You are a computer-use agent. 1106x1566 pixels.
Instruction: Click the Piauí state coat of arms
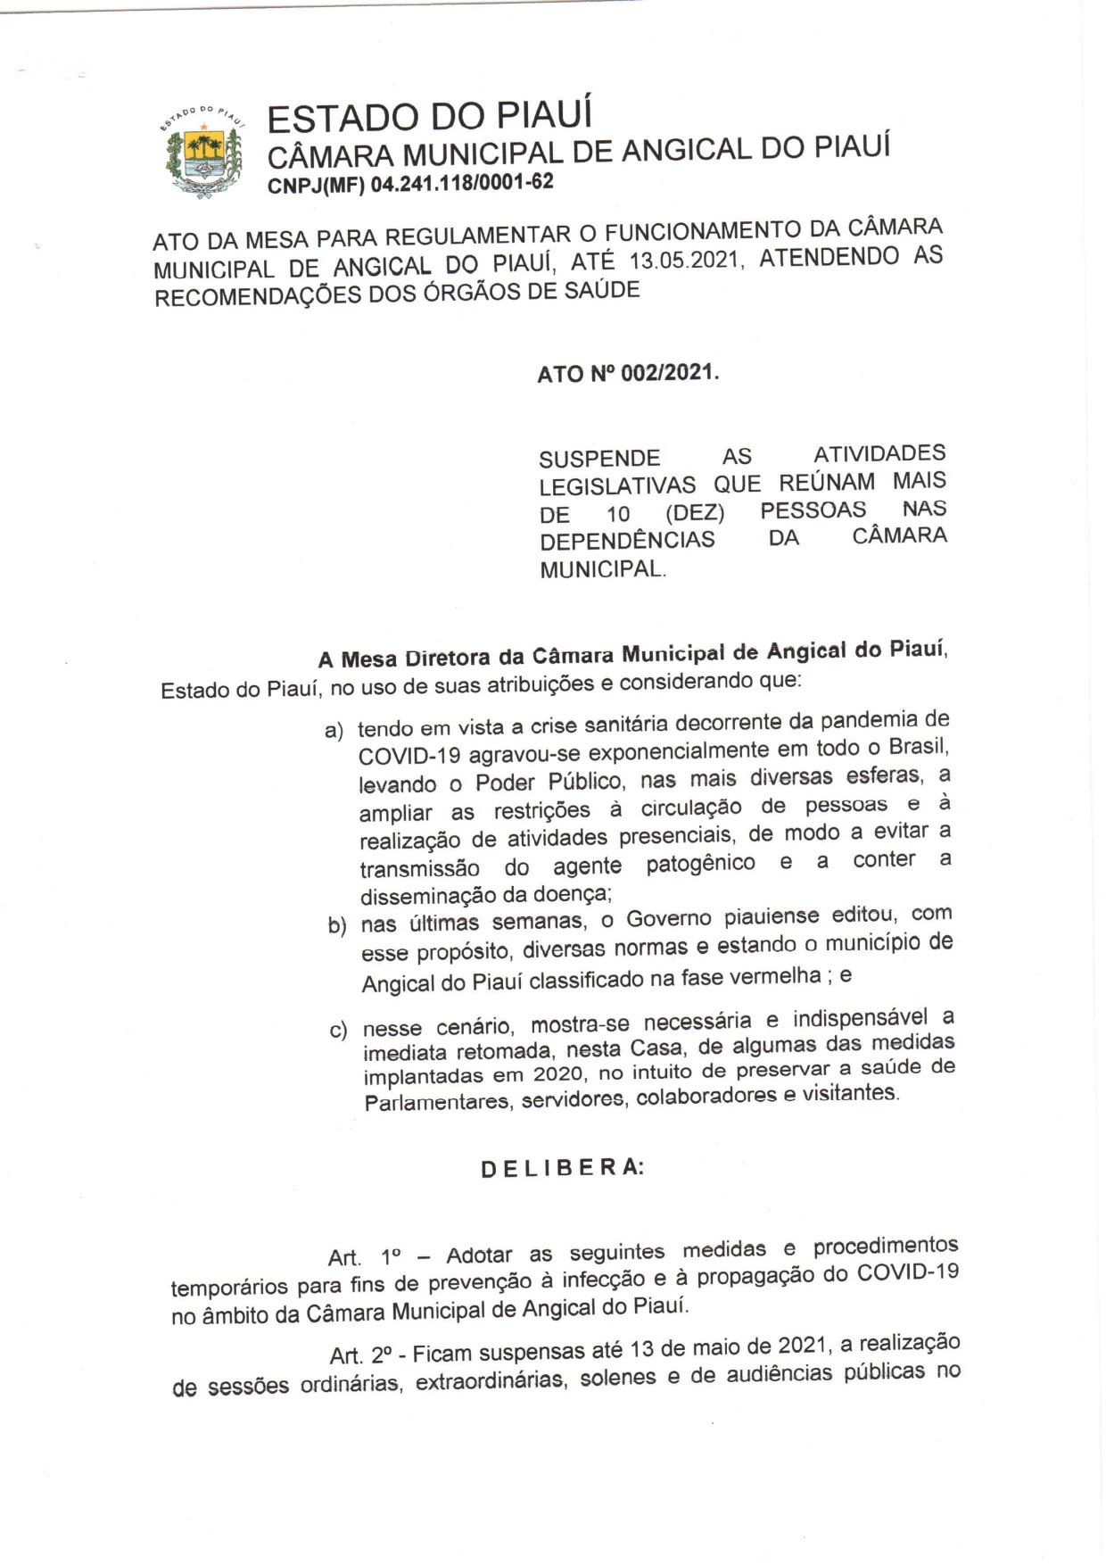pos(204,152)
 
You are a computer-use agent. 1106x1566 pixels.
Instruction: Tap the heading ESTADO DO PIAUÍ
pos(429,118)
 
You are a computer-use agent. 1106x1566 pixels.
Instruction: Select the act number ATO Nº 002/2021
pos(627,373)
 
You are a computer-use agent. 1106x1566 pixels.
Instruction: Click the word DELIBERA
pos(562,1168)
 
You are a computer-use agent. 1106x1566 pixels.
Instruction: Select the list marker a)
pos(334,732)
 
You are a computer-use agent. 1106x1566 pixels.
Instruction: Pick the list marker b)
pos(337,925)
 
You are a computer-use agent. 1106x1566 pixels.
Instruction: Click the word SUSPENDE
pos(599,459)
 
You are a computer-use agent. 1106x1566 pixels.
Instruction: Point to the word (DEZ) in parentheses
pos(695,514)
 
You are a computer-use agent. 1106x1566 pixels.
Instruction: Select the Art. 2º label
pos(361,1355)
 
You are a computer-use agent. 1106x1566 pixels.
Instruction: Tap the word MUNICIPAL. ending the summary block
pos(603,568)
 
